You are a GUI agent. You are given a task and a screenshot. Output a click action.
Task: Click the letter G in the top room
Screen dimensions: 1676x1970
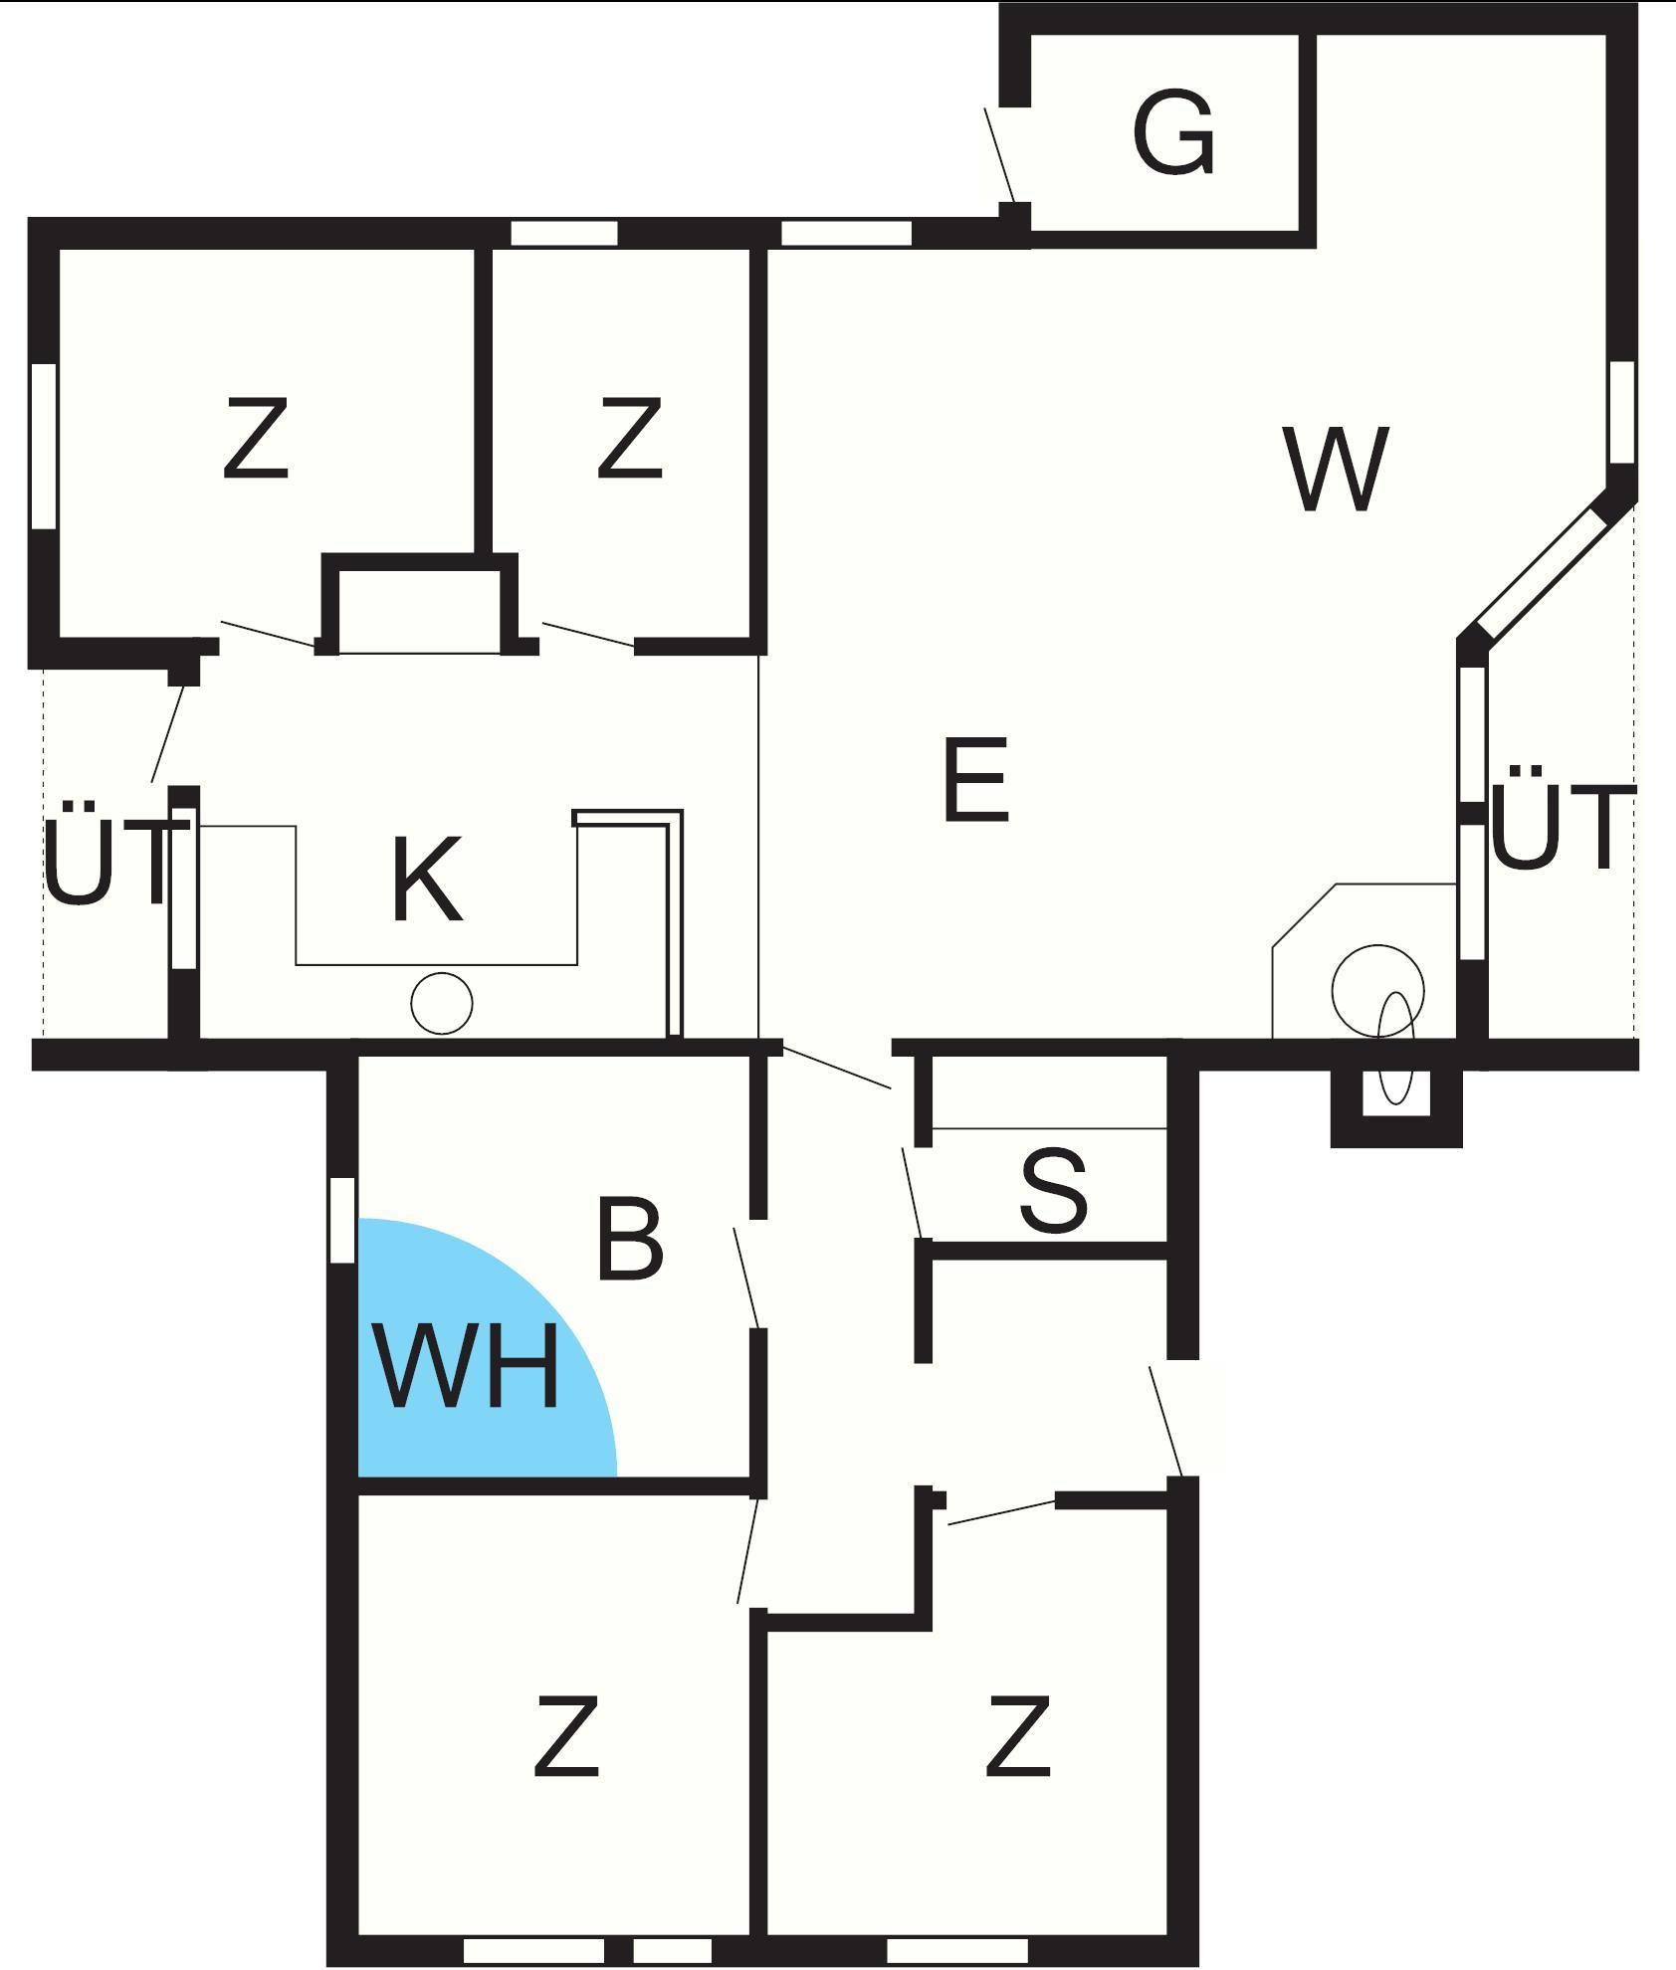coord(1174,134)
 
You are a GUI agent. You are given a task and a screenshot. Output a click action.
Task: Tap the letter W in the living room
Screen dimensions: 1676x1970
coord(1336,469)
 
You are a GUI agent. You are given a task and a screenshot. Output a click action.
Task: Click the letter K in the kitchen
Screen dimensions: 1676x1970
coord(428,880)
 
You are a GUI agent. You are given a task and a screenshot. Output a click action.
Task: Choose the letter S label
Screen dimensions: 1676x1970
coord(1054,1190)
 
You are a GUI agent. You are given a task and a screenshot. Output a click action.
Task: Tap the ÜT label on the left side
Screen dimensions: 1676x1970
coord(107,854)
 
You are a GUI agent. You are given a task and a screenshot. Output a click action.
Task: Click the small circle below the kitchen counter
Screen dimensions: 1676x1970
coord(442,1004)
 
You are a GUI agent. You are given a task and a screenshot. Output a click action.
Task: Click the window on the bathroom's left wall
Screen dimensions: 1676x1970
coord(342,1220)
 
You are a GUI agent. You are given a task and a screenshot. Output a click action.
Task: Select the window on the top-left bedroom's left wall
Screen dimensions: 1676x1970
coord(44,446)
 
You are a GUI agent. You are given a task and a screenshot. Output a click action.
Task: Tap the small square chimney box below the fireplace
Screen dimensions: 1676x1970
coord(1395,1092)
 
